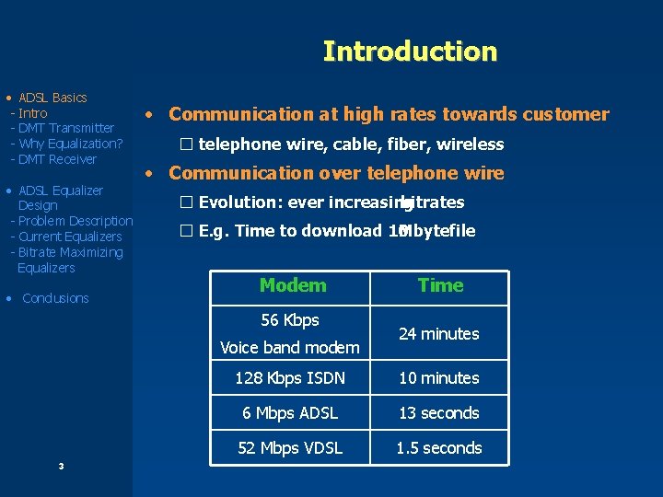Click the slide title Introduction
[x=410, y=52]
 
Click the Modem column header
[x=293, y=285]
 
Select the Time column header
[x=440, y=285]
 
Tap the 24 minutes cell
[x=438, y=334]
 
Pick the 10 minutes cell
[x=438, y=378]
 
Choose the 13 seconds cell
[x=438, y=413]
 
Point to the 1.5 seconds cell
[x=438, y=448]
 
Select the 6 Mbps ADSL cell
[x=290, y=413]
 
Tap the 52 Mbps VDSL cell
[x=290, y=448]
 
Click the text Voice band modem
[x=290, y=348]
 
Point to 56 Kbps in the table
[x=290, y=320]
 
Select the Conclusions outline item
[x=55, y=298]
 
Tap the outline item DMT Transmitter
[x=66, y=128]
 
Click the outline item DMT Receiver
[x=58, y=159]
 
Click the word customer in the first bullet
[x=565, y=114]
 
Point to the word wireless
[x=470, y=144]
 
